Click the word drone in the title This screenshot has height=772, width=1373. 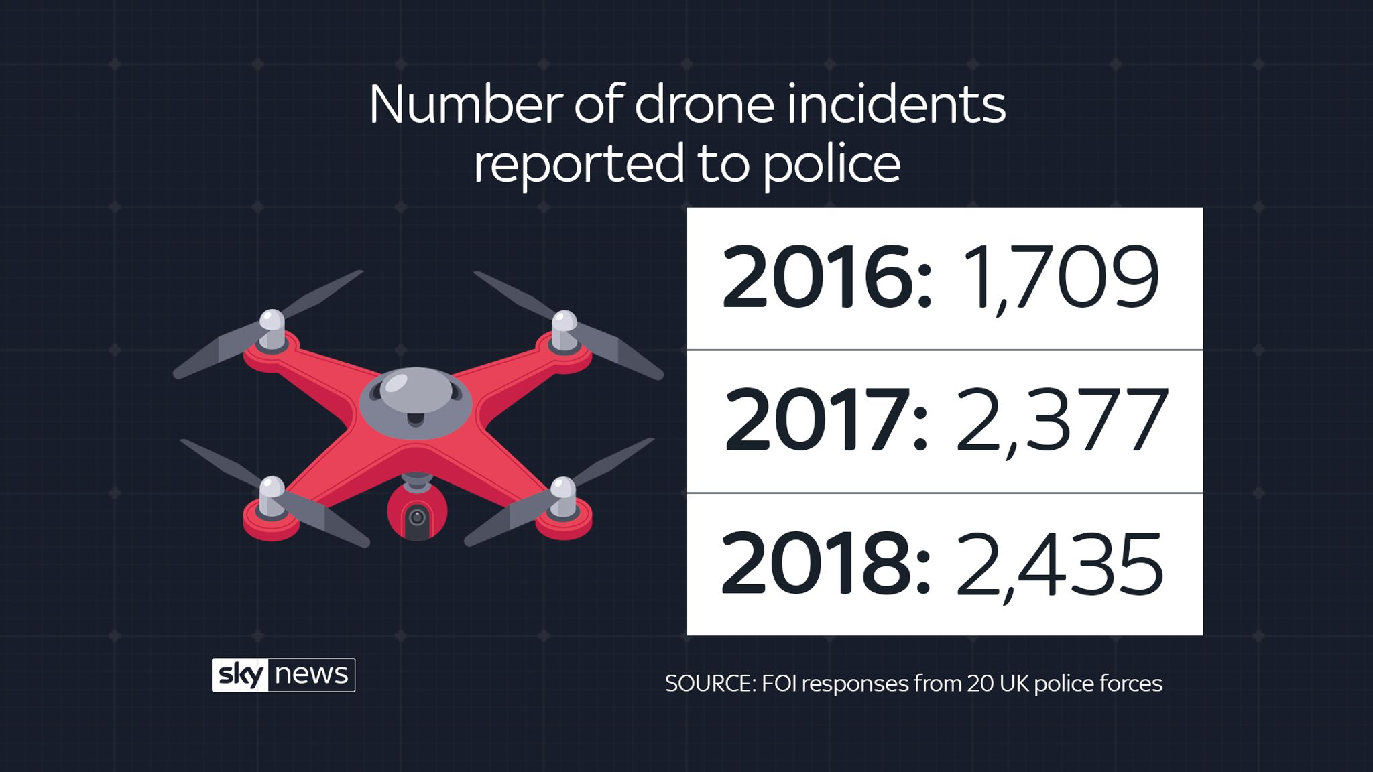pyautogui.click(x=704, y=105)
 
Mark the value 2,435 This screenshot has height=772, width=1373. pyautogui.click(x=1059, y=564)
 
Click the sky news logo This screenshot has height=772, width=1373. pyautogui.click(x=283, y=675)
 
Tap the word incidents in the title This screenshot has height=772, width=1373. pyautogui.click(x=896, y=105)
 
